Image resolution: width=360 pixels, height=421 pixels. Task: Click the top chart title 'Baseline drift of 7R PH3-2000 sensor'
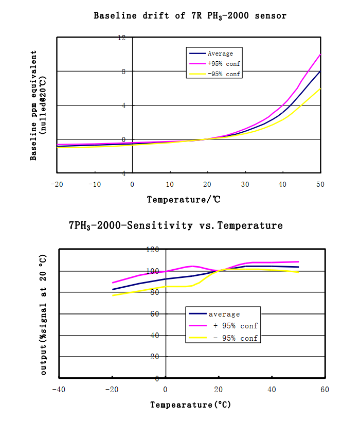point(190,16)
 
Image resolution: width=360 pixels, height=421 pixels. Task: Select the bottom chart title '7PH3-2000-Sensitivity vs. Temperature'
point(176,225)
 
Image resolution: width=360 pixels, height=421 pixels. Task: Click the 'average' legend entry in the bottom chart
point(224,314)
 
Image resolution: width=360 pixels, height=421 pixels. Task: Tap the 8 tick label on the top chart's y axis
point(123,72)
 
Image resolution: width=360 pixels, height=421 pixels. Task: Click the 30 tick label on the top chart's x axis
point(245,184)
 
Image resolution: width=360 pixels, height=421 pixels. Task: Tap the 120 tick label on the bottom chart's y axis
point(153,250)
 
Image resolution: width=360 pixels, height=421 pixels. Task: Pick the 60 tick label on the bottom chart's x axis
point(324,389)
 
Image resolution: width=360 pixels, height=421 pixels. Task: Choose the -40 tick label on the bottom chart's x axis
point(59,389)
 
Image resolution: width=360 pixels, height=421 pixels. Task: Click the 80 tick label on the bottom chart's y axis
point(155,292)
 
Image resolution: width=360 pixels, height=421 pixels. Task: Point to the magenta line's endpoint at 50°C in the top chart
point(320,54)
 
